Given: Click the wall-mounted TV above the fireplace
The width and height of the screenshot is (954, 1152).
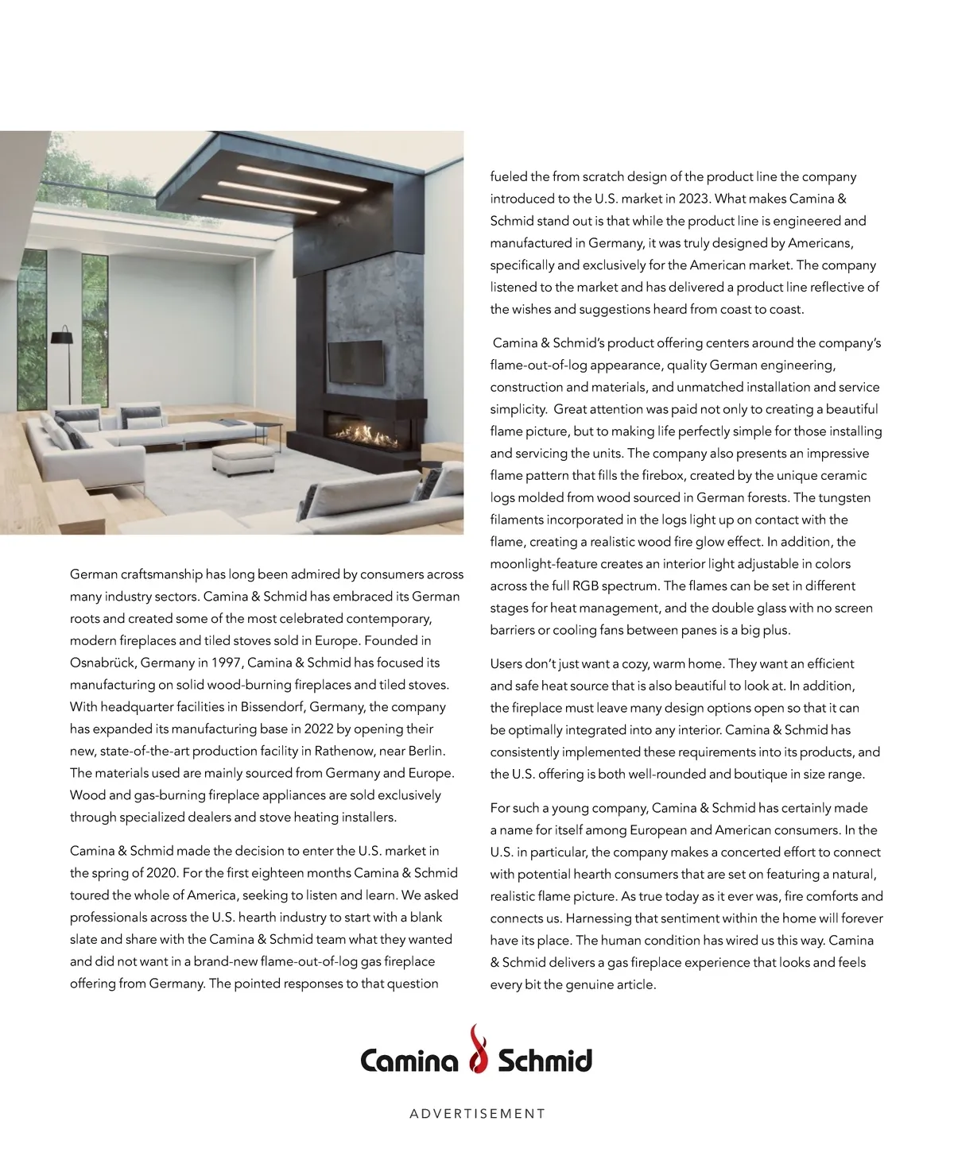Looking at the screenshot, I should click(355, 361).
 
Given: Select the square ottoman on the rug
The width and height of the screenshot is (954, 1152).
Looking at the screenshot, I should click(242, 458).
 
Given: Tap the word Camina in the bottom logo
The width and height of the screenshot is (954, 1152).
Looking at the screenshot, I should click(409, 1061).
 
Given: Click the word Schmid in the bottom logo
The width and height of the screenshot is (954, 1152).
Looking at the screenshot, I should click(545, 1061).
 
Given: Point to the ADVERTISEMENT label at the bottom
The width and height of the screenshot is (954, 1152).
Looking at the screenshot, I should click(477, 1114).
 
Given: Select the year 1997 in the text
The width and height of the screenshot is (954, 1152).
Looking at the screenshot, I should click(227, 663).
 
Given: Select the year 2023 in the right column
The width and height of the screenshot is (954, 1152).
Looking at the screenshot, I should click(692, 199).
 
